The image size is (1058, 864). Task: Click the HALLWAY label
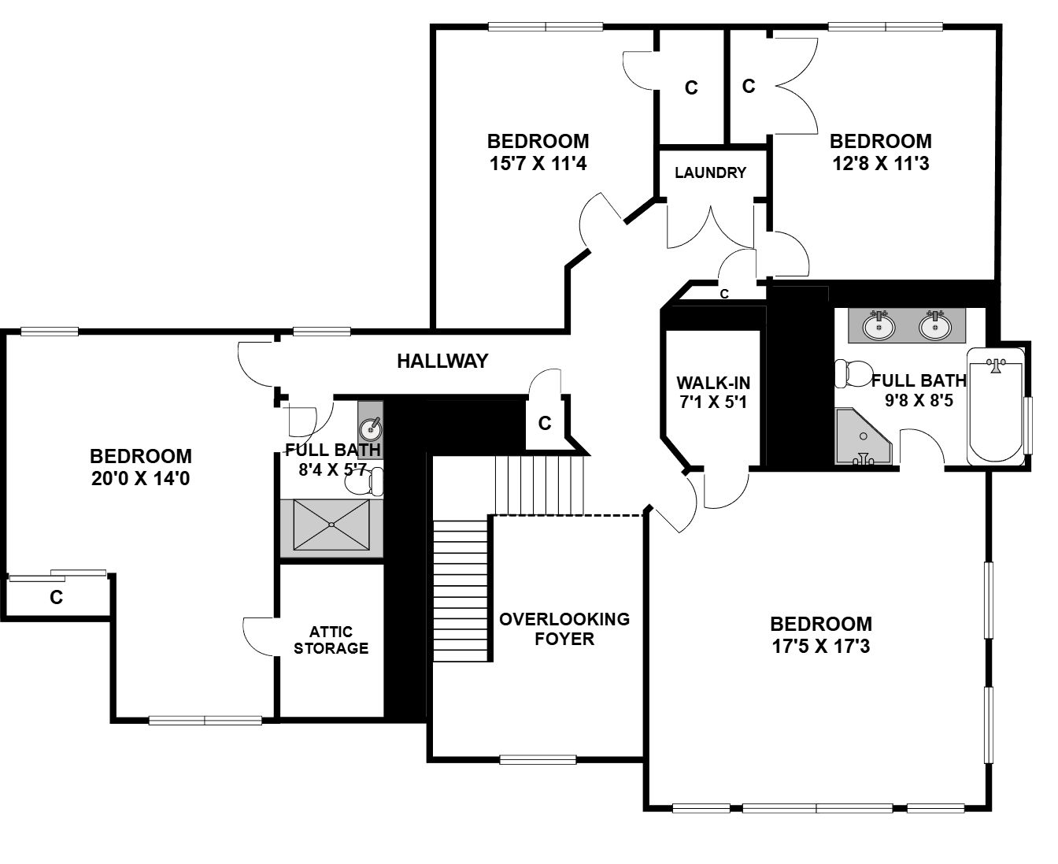pos(442,361)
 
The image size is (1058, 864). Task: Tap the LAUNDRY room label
pos(710,172)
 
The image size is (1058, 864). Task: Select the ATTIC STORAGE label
pos(331,640)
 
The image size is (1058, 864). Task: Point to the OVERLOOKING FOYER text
pos(564,629)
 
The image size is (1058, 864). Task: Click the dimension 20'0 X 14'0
pos(140,478)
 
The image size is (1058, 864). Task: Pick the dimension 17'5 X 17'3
pos(821,646)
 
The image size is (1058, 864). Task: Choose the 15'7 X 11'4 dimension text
pos(538,163)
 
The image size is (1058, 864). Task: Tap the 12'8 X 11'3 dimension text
pos(881,163)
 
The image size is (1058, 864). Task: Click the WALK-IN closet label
pos(713,383)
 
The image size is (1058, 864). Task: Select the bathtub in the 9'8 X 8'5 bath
pos(996,406)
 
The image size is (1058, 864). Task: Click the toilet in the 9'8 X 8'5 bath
pos(853,374)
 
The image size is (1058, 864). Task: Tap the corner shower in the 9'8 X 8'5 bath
pos(863,436)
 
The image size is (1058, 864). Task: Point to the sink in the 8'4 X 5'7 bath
pos(371,428)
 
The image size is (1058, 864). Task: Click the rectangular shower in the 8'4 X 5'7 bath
pos(331,525)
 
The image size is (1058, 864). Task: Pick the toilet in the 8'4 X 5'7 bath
pos(364,482)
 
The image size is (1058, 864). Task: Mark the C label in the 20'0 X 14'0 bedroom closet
pos(56,598)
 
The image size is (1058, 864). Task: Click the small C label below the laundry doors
pos(724,294)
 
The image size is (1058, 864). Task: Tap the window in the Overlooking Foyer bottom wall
pos(538,760)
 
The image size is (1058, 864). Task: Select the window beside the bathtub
pos(1028,426)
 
